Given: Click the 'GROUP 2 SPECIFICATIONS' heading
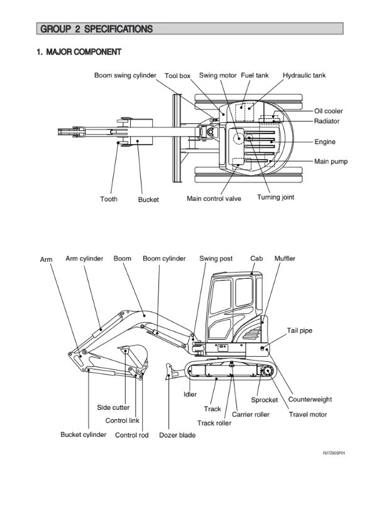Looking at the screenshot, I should [96, 29].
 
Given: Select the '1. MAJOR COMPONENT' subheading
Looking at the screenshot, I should [79, 52].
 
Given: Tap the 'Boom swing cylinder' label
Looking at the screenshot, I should [125, 76].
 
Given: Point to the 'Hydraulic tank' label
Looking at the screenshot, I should [304, 76].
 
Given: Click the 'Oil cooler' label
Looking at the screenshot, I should [329, 111].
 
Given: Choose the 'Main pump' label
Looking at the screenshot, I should [331, 162].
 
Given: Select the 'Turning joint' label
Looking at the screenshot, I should [275, 197].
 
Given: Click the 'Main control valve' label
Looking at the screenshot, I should [214, 199].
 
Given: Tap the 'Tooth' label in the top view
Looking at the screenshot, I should [109, 199].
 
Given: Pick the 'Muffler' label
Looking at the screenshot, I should [285, 259].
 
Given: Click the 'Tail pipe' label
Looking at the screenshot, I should [299, 330].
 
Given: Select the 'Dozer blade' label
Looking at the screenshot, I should [177, 435].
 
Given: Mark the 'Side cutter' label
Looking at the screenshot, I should [113, 408].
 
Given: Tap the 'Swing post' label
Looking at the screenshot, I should [216, 259].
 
